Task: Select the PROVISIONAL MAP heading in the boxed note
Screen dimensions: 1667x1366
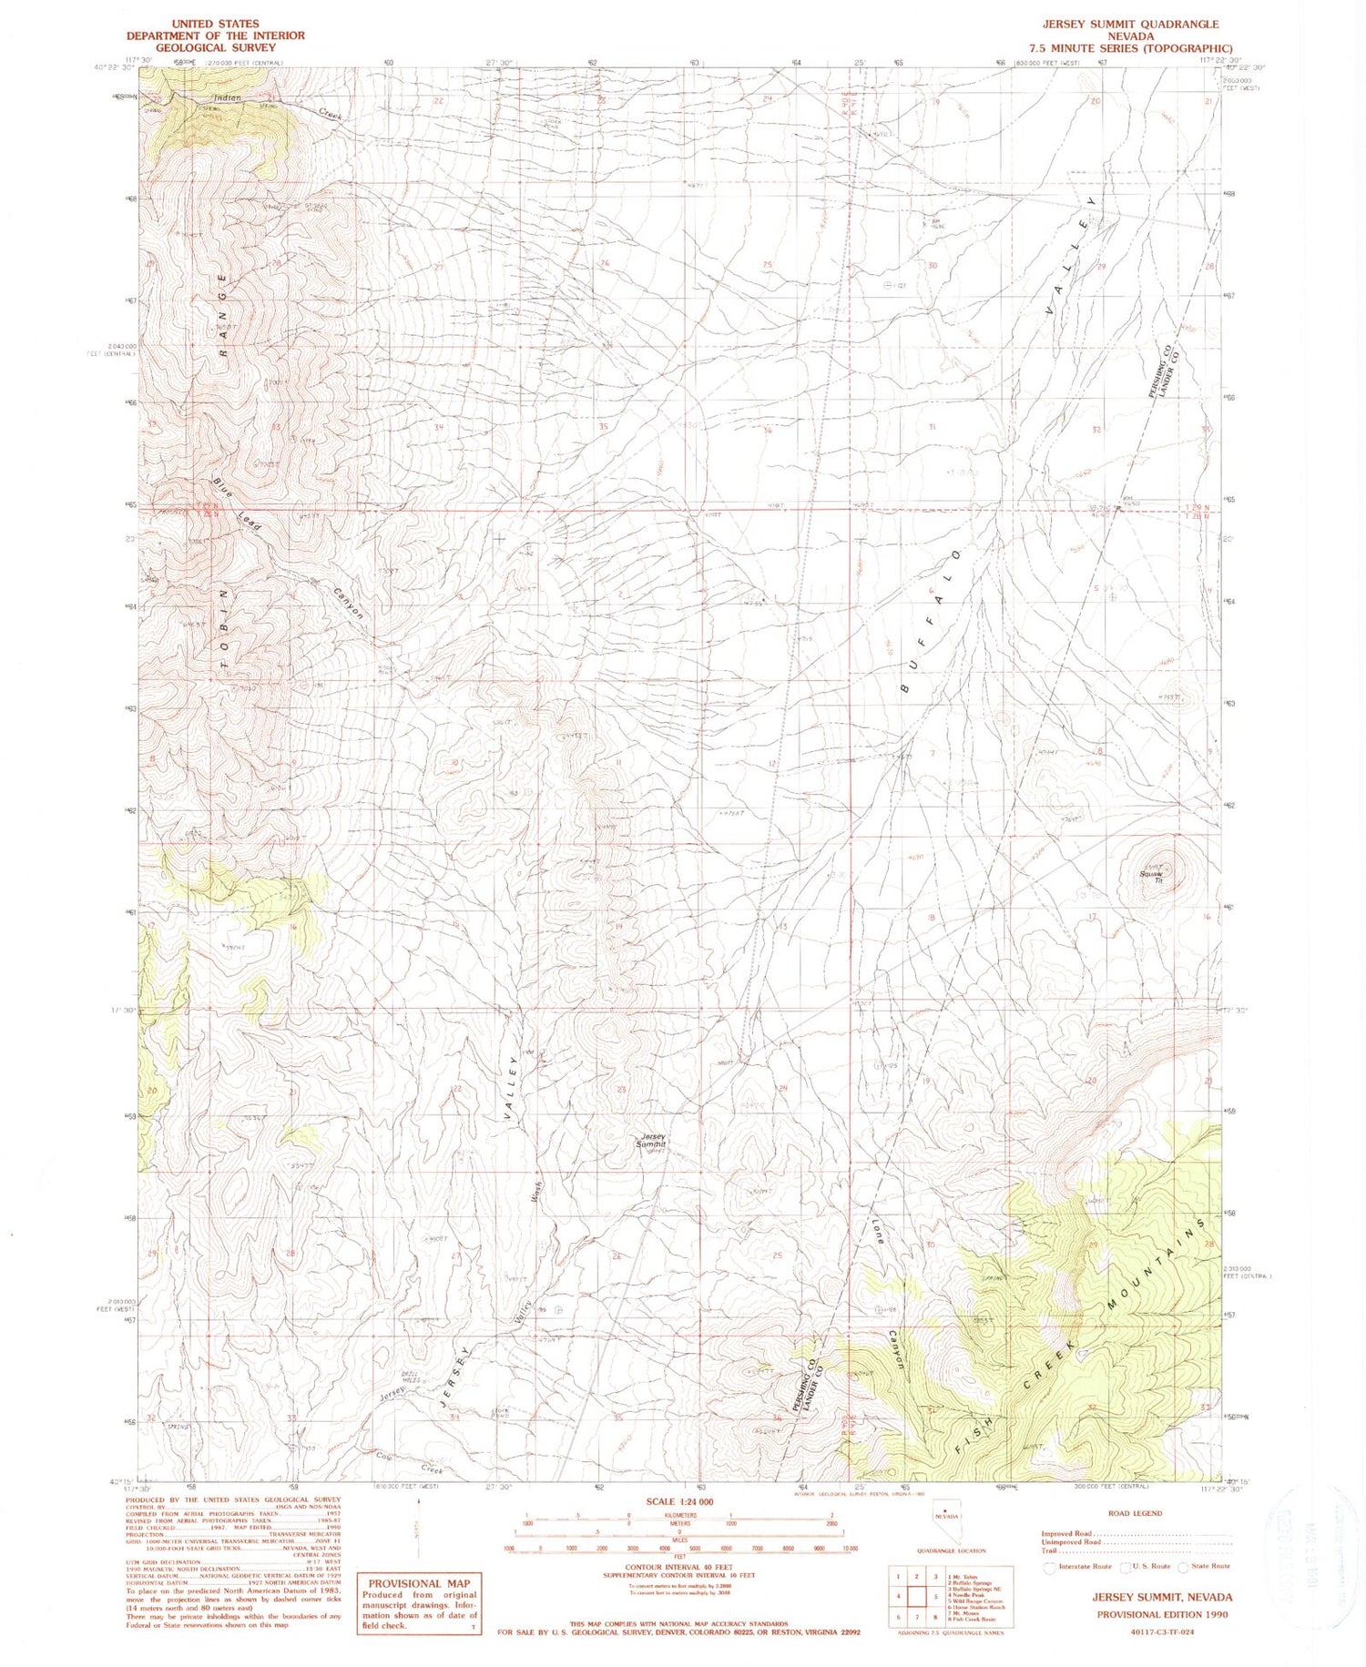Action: tap(419, 1583)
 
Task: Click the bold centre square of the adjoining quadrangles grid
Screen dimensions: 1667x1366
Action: tap(937, 1595)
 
